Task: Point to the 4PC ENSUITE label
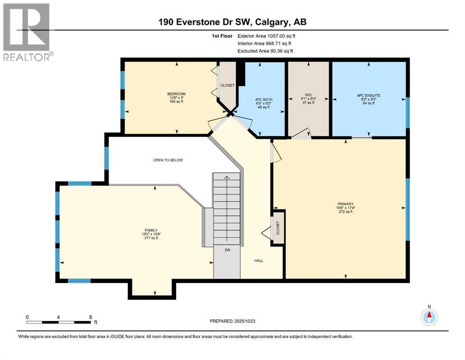point(369,95)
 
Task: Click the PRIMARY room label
point(345,204)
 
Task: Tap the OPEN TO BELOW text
point(168,160)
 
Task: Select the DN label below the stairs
point(228,250)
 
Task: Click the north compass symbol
point(428,317)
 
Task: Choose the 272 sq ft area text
point(345,212)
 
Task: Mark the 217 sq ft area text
point(151,238)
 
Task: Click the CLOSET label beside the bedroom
point(228,85)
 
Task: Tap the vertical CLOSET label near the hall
point(278,228)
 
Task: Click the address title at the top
point(233,22)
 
